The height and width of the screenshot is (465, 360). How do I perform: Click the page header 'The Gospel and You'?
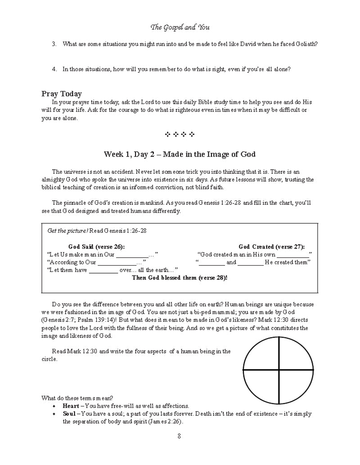coord(180,27)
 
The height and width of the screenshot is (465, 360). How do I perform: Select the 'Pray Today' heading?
coord(62,94)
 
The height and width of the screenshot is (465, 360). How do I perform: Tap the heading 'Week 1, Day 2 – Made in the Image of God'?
coord(180,154)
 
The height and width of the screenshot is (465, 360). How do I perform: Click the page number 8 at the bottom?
coord(180,435)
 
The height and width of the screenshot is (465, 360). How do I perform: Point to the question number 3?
coord(54,44)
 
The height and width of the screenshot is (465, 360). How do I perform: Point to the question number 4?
coord(54,69)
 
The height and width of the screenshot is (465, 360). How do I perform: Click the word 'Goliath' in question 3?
coord(307,44)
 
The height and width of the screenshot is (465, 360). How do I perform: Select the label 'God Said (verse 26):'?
coord(96,246)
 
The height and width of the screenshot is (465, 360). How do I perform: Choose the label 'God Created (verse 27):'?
coord(271,246)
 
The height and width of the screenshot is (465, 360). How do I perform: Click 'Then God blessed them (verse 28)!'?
coord(180,278)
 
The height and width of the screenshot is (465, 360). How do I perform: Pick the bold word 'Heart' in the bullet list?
coord(71,406)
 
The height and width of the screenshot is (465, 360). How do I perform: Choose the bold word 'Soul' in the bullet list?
coord(69,414)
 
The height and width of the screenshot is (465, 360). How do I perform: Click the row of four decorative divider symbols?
coord(180,134)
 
